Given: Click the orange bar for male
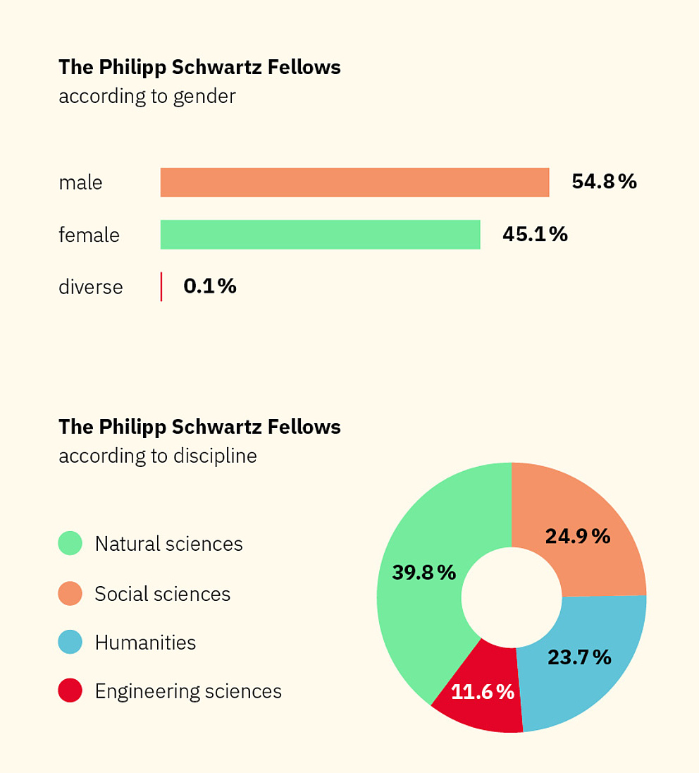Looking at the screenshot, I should point(354,182).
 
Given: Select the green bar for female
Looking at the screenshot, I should point(320,235).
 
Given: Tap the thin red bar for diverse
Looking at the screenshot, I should point(161,287).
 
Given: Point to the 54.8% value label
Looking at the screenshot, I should point(604,182).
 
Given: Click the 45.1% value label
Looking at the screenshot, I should point(535,235).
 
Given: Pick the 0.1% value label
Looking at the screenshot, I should point(209,286).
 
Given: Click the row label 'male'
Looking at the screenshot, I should point(80,183).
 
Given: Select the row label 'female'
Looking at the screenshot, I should point(89,235).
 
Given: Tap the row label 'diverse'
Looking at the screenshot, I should point(90,287).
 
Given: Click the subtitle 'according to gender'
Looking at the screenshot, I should point(147,96).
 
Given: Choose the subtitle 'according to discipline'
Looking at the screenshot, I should point(157,456).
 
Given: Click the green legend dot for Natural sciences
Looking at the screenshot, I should point(70,544).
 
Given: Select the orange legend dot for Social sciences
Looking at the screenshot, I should point(70,594).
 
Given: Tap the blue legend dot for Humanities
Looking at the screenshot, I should point(70,643).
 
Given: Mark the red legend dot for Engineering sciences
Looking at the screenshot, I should point(70,691).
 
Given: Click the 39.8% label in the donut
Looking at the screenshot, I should point(424,573).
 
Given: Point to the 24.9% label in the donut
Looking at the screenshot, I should point(578,537).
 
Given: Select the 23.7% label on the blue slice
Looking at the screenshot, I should point(579,657).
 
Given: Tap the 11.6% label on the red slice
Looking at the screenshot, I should point(483,692).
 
